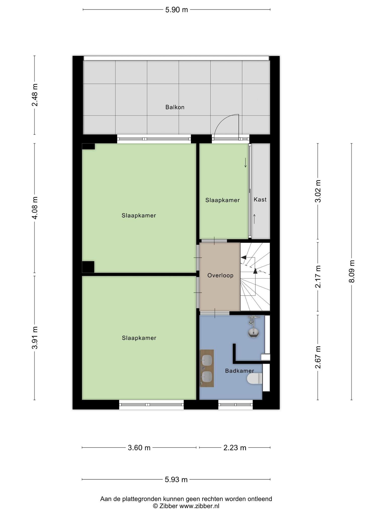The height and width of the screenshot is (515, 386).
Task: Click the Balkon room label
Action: [x=175, y=107]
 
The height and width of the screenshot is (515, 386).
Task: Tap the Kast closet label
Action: [x=260, y=199]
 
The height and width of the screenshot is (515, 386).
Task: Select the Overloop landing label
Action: [x=220, y=275]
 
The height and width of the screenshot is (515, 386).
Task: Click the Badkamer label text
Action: [x=239, y=371]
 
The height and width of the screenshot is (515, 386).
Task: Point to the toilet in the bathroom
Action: [x=255, y=378]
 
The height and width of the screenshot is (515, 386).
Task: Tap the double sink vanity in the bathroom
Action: [x=207, y=368]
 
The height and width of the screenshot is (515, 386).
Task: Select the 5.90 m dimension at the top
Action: [x=177, y=10]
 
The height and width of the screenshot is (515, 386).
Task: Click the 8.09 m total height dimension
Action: [x=352, y=271]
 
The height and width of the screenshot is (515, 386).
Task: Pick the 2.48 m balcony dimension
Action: [x=35, y=95]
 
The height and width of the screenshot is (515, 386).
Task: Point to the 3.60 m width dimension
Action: [x=139, y=448]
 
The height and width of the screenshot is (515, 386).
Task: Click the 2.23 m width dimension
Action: [x=235, y=448]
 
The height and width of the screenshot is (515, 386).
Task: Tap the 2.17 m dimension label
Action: [x=318, y=277]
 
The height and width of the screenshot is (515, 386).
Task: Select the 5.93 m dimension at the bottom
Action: [x=176, y=480]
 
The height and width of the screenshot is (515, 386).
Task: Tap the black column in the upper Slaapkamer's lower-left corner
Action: [x=88, y=267]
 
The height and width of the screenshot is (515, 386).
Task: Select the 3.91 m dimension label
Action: [x=35, y=338]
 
